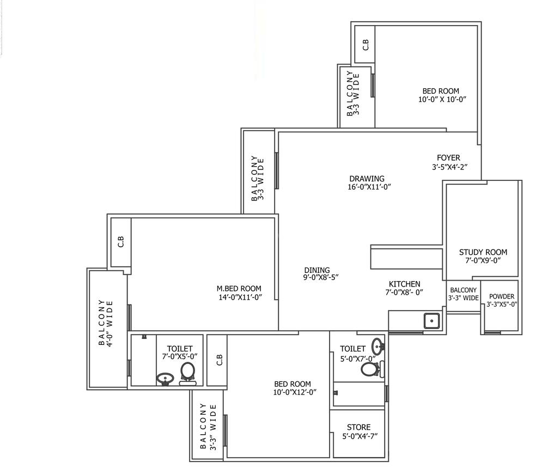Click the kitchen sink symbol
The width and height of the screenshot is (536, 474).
[432, 321]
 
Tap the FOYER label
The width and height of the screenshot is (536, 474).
[448, 157]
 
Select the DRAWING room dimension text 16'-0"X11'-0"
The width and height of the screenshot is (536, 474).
[369, 187]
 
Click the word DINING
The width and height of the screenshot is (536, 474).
[317, 270]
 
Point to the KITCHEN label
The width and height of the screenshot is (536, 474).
[404, 284]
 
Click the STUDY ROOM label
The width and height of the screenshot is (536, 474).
[483, 252]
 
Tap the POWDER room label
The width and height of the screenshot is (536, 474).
[502, 296]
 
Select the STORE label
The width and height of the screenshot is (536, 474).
[358, 427]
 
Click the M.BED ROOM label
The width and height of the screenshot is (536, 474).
[239, 288]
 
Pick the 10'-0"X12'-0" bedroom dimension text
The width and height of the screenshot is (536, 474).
[295, 392]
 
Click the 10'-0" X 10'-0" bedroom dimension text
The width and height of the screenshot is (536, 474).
[442, 99]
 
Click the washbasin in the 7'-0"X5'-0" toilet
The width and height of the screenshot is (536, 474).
[165, 379]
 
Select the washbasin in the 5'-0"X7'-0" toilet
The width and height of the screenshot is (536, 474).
[377, 346]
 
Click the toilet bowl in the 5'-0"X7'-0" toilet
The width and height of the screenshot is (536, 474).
[372, 369]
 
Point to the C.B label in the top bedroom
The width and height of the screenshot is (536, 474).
[366, 45]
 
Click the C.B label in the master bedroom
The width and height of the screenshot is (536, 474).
[121, 241]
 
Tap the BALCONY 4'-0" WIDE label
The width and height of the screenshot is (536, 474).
[105, 323]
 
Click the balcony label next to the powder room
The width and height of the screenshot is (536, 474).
[463, 294]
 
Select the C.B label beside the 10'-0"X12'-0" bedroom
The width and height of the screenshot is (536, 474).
[220, 360]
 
